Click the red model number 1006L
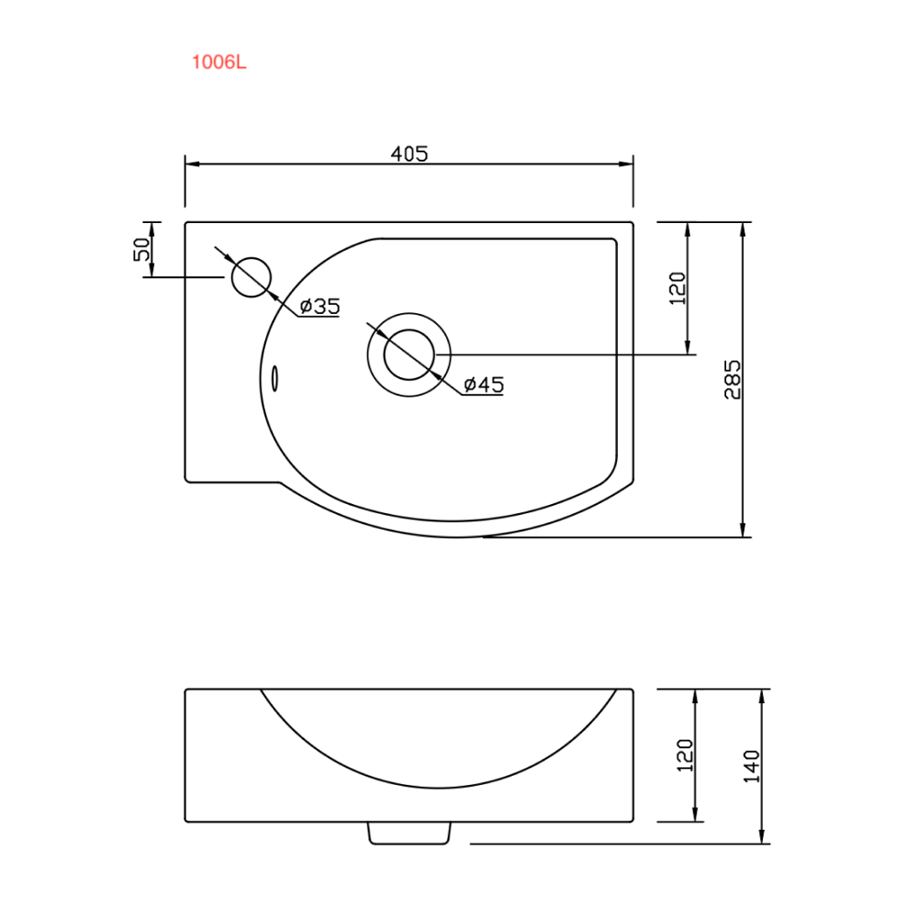click(219, 62)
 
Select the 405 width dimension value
click(409, 154)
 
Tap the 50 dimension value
click(141, 250)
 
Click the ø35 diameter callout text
click(319, 307)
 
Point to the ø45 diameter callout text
click(484, 385)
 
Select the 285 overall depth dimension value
click(733, 379)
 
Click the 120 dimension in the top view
click(677, 288)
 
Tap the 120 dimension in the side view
click(685, 756)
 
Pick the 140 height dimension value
click(751, 767)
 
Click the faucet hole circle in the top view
click(252, 277)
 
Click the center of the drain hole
click(409, 354)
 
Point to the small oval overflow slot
click(274, 379)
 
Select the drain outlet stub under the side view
click(409, 834)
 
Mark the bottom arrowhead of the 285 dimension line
click(743, 530)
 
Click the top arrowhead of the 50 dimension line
click(151, 229)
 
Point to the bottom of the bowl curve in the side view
click(438, 788)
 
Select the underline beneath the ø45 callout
click(483, 395)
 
